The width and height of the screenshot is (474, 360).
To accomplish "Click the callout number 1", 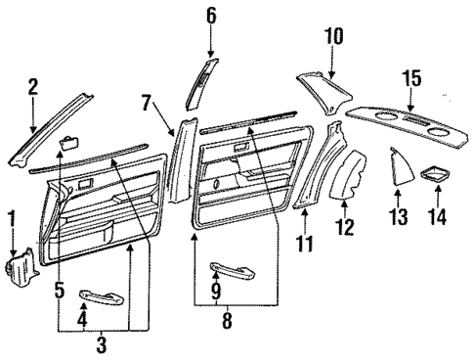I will coord(12,216).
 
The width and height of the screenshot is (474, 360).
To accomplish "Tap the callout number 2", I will coord(32,87).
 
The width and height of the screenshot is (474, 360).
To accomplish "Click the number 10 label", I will coord(334,35).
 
